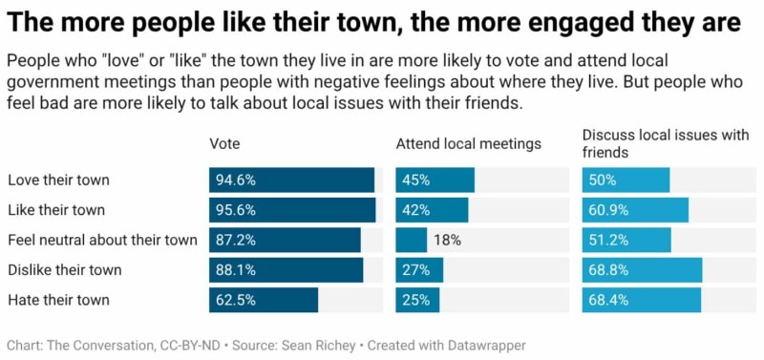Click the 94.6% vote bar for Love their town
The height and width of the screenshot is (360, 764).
[x=291, y=180]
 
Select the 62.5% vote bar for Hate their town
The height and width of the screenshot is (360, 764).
[x=264, y=300]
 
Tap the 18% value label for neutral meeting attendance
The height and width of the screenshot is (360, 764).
[x=446, y=241]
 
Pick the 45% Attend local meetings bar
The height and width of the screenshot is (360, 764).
[x=435, y=180]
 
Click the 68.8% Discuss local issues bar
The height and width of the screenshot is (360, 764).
[x=642, y=270]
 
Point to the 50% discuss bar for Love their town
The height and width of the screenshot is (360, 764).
[x=626, y=180]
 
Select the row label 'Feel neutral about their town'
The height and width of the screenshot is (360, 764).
[x=102, y=241]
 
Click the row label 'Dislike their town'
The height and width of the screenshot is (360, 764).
[x=64, y=270]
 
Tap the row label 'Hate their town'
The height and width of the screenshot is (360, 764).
[x=58, y=300]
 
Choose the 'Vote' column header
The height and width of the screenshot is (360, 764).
[x=224, y=144]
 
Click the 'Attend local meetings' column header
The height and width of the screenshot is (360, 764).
[x=468, y=144]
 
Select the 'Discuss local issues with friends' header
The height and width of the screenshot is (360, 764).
[x=665, y=143]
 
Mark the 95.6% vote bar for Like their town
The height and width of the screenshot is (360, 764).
[x=292, y=210]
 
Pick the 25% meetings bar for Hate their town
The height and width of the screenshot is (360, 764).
[x=417, y=300]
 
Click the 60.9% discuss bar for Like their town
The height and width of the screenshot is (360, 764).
[x=635, y=210]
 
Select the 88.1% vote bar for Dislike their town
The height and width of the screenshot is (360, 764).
[x=286, y=270]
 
